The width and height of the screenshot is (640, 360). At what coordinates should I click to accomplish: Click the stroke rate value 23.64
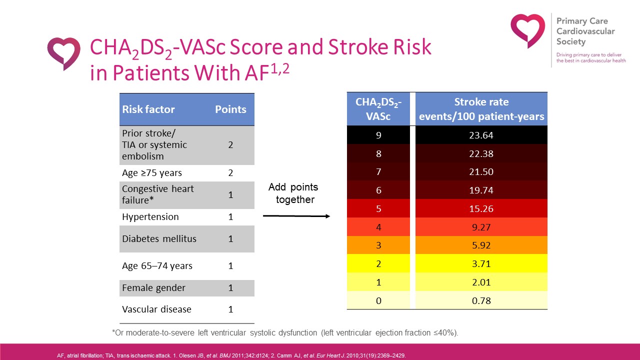pyautogui.click(x=481, y=135)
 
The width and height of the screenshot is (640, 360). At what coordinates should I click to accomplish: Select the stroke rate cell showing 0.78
pyautogui.click(x=481, y=300)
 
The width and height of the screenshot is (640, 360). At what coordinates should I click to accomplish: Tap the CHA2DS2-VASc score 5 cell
pyautogui.click(x=378, y=208)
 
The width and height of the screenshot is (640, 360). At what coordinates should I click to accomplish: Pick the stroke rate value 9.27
pyautogui.click(x=481, y=227)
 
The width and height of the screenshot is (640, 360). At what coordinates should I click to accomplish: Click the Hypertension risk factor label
pyautogui.click(x=150, y=217)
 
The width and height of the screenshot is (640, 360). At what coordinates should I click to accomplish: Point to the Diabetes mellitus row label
pyautogui.click(x=159, y=238)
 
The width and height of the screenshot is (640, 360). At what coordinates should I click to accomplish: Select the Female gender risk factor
pyautogui.click(x=153, y=288)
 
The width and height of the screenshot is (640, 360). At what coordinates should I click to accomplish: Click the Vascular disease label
pyautogui.click(x=156, y=309)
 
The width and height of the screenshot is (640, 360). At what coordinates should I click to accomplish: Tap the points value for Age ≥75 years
pyautogui.click(x=230, y=173)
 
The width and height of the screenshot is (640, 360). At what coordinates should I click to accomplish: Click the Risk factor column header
pyautogui.click(x=148, y=109)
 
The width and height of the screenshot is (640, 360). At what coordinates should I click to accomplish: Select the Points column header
pyautogui.click(x=230, y=109)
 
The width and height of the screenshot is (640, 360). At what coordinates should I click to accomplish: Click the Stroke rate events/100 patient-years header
pyautogui.click(x=481, y=109)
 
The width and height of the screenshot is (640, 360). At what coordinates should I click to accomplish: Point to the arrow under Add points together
pyautogui.click(x=296, y=216)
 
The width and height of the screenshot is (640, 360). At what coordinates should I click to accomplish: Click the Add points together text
pyautogui.click(x=293, y=193)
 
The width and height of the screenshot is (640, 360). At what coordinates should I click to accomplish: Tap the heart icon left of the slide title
pyautogui.click(x=63, y=53)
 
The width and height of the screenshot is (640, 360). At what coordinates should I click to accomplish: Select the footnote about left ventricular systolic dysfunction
pyautogui.click(x=284, y=332)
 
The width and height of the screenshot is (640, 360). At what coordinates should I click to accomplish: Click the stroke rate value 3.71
pyautogui.click(x=481, y=264)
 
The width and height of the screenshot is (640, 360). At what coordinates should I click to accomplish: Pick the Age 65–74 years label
pyautogui.click(x=157, y=266)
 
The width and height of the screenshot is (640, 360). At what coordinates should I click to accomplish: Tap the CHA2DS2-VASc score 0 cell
pyautogui.click(x=378, y=300)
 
